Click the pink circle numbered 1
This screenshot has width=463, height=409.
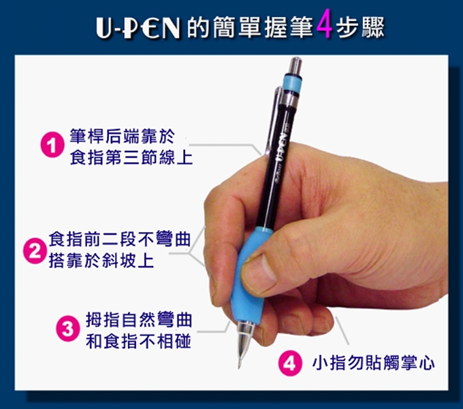(52, 144)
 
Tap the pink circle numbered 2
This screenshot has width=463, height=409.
(35, 250)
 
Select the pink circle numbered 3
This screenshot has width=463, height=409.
(68, 328)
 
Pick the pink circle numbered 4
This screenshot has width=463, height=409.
(290, 363)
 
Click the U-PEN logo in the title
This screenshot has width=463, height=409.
(138, 28)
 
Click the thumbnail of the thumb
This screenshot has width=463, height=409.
(260, 274)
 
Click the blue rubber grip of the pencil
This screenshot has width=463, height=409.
(251, 276)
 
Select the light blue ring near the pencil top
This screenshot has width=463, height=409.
(291, 83)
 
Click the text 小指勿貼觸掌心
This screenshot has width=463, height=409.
(373, 363)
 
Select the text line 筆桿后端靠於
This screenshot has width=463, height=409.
(122, 136)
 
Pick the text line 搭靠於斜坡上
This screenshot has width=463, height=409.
(101, 261)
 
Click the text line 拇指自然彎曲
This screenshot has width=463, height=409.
(139, 320)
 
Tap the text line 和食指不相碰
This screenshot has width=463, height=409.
(138, 342)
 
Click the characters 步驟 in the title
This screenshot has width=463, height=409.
(360, 27)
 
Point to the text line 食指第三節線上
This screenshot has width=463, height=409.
(131, 157)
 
